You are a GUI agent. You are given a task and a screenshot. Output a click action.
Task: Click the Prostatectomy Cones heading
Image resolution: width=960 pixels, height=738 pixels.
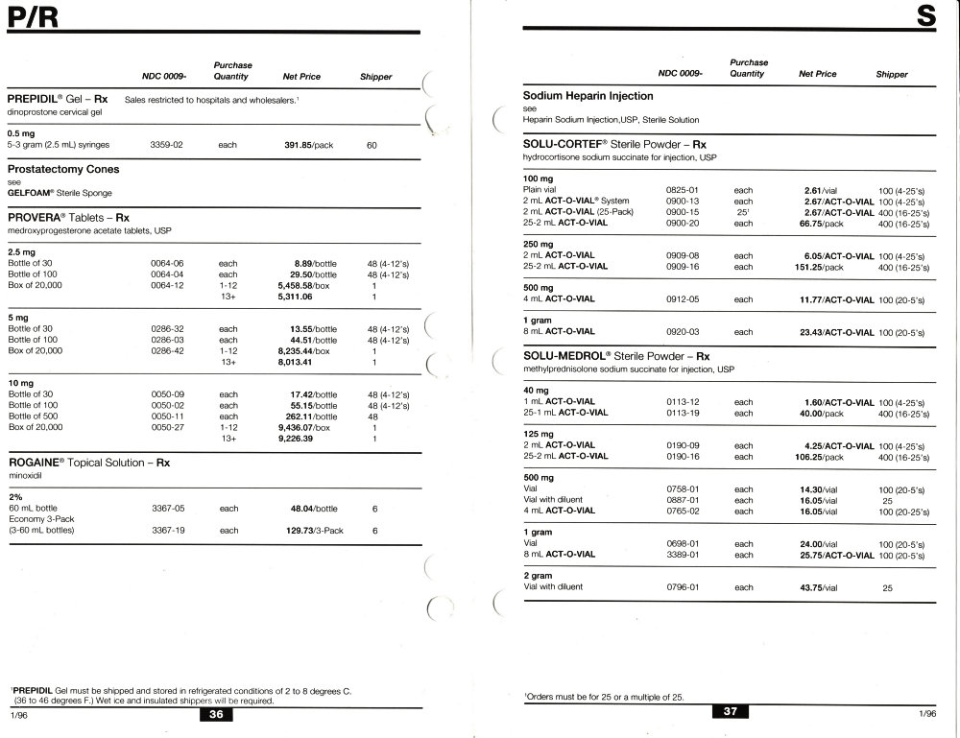tap(63, 170)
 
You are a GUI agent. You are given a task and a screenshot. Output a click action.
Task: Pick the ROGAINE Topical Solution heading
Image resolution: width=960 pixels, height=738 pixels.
tap(89, 462)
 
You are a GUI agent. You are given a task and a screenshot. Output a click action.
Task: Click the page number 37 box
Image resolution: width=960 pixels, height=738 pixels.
tap(731, 712)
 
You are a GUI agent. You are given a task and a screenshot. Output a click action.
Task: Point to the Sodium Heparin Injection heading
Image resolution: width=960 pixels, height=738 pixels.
tap(588, 96)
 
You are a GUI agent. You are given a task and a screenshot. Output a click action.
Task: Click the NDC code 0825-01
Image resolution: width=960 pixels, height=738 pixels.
tap(681, 190)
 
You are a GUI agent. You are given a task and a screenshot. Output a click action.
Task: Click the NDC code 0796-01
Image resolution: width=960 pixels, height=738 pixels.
tap(681, 586)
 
